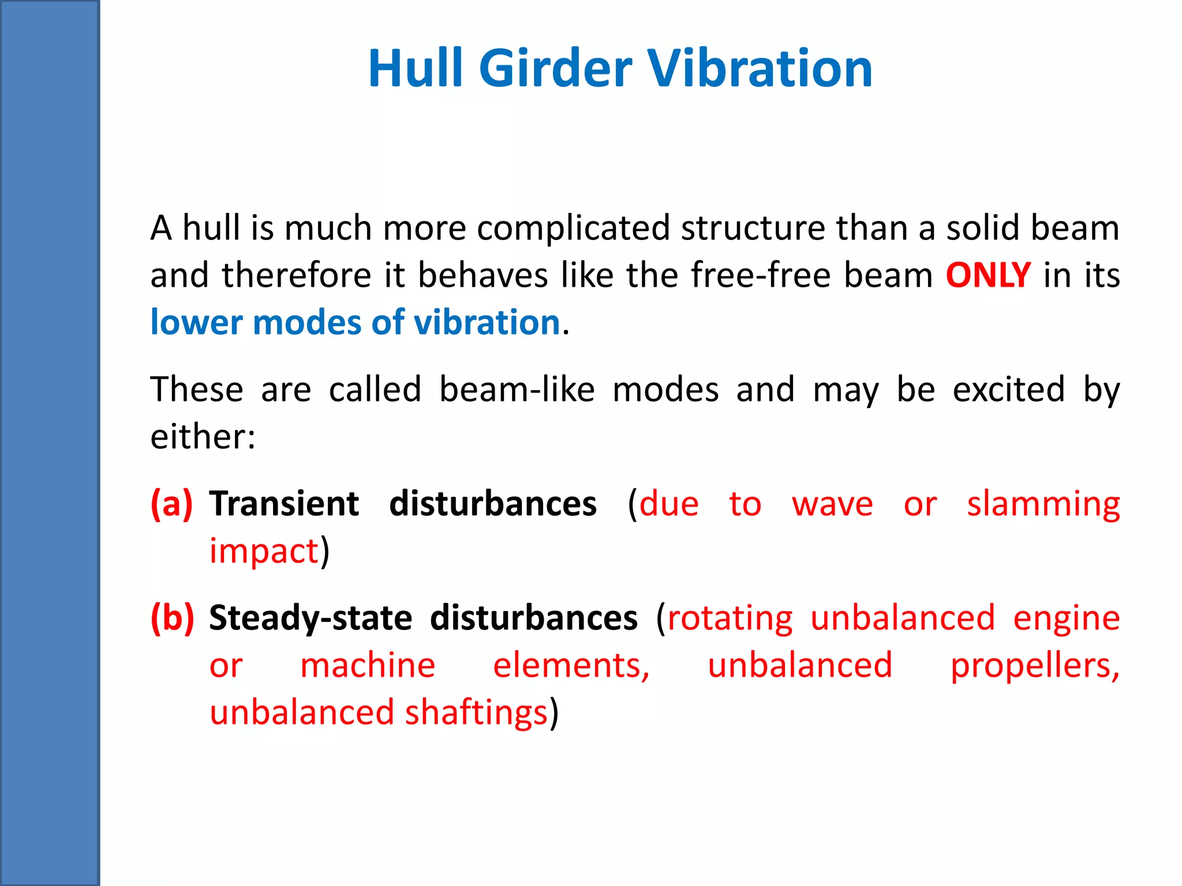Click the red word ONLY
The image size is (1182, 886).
pyautogui.click(x=988, y=275)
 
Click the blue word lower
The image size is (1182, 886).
pyautogui.click(x=196, y=322)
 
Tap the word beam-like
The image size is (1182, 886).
pyautogui.click(x=517, y=389)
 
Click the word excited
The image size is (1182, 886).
pyautogui.click(x=1008, y=389)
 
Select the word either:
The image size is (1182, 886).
pyautogui.click(x=203, y=437)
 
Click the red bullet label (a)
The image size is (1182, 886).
pyautogui.click(x=171, y=504)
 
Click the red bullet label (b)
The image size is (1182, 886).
pyautogui.click(x=172, y=618)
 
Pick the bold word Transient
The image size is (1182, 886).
pyautogui.click(x=284, y=504)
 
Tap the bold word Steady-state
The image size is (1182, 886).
pyautogui.click(x=311, y=618)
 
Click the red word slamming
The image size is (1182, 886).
pyautogui.click(x=1043, y=504)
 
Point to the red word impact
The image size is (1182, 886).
pyautogui.click(x=264, y=551)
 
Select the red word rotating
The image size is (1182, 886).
pyautogui.click(x=730, y=618)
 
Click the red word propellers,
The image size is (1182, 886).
pyautogui.click(x=1035, y=665)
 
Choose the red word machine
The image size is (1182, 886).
pyautogui.click(x=368, y=665)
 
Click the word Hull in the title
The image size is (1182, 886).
pyautogui.click(x=416, y=69)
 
